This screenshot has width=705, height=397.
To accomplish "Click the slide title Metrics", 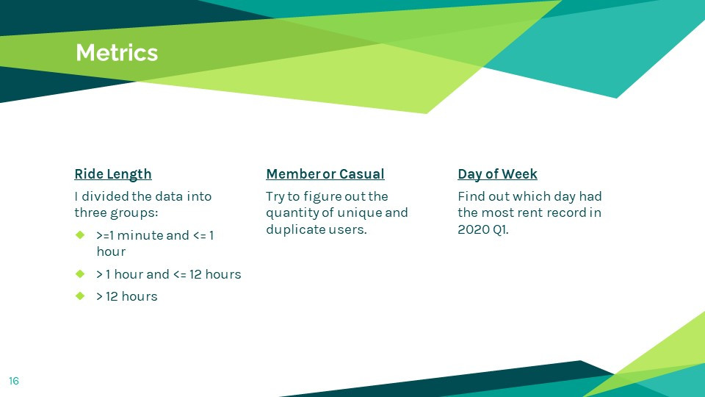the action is pos(117,53).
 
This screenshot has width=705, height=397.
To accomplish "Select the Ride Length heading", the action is pos(113,174).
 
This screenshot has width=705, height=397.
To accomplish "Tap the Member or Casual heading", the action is pos(325,174).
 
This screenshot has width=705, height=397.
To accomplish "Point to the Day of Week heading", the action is pos(497,174).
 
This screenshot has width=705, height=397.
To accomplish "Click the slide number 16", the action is pos(14,382).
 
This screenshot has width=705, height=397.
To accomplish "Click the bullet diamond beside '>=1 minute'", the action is pos(80,235).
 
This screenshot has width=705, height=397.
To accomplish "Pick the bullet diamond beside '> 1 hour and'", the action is pos(80,273).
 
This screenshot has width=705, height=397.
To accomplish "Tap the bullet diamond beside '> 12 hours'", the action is pos(80,296).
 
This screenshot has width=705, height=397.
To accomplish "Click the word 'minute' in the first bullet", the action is pos(140,235).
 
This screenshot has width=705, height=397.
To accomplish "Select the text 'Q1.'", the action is pos(500,229).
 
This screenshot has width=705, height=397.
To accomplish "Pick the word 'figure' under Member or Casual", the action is pos(322,197).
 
